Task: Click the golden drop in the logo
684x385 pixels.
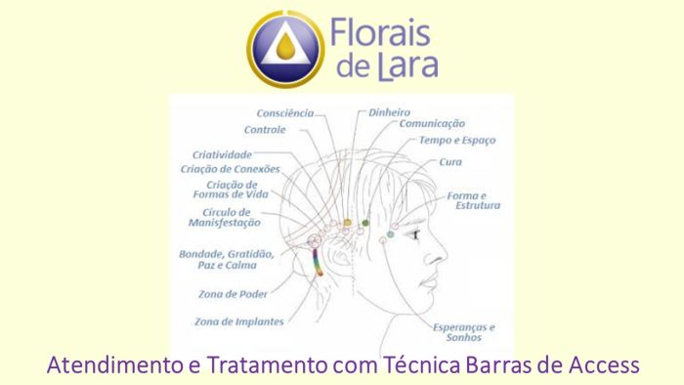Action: (285, 46)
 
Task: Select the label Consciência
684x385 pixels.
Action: (285, 113)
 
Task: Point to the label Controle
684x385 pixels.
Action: (265, 130)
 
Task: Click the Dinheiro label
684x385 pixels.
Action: (389, 112)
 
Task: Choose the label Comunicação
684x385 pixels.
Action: (432, 124)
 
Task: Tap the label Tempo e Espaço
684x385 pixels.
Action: (457, 141)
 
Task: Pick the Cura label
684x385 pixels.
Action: (450, 162)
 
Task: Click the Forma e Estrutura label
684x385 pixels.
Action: (474, 200)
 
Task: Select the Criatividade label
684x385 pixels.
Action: (222, 154)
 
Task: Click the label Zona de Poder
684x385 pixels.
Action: (230, 294)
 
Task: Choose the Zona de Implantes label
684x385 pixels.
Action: (239, 321)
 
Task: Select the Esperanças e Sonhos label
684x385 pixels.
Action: (464, 333)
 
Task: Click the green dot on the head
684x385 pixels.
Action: (365, 223)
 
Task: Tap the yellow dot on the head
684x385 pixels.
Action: (347, 223)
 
